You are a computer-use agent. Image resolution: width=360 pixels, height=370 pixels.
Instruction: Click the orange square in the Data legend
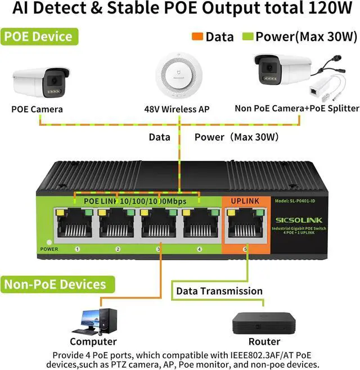point(198,37)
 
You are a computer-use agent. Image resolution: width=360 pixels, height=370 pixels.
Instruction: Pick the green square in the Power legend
point(248,37)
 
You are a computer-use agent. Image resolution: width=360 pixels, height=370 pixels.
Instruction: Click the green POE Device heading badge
point(38,37)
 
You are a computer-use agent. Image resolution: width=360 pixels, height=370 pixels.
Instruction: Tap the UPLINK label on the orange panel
point(245,201)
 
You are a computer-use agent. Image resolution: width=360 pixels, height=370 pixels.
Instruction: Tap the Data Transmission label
point(219,291)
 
